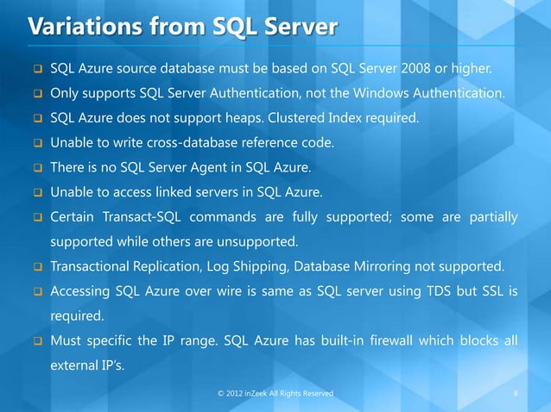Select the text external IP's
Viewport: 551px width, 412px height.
pos(86,367)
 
